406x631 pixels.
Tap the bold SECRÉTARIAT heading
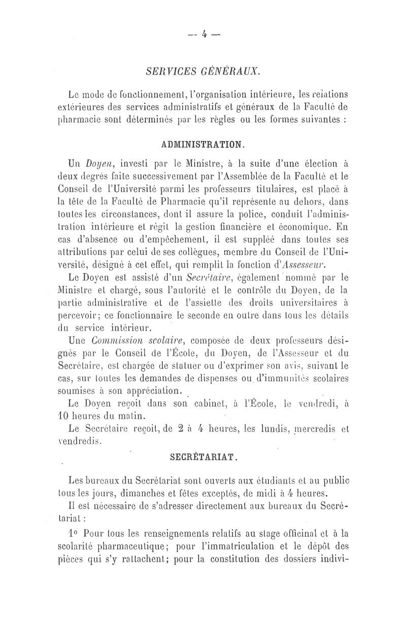(203, 456)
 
